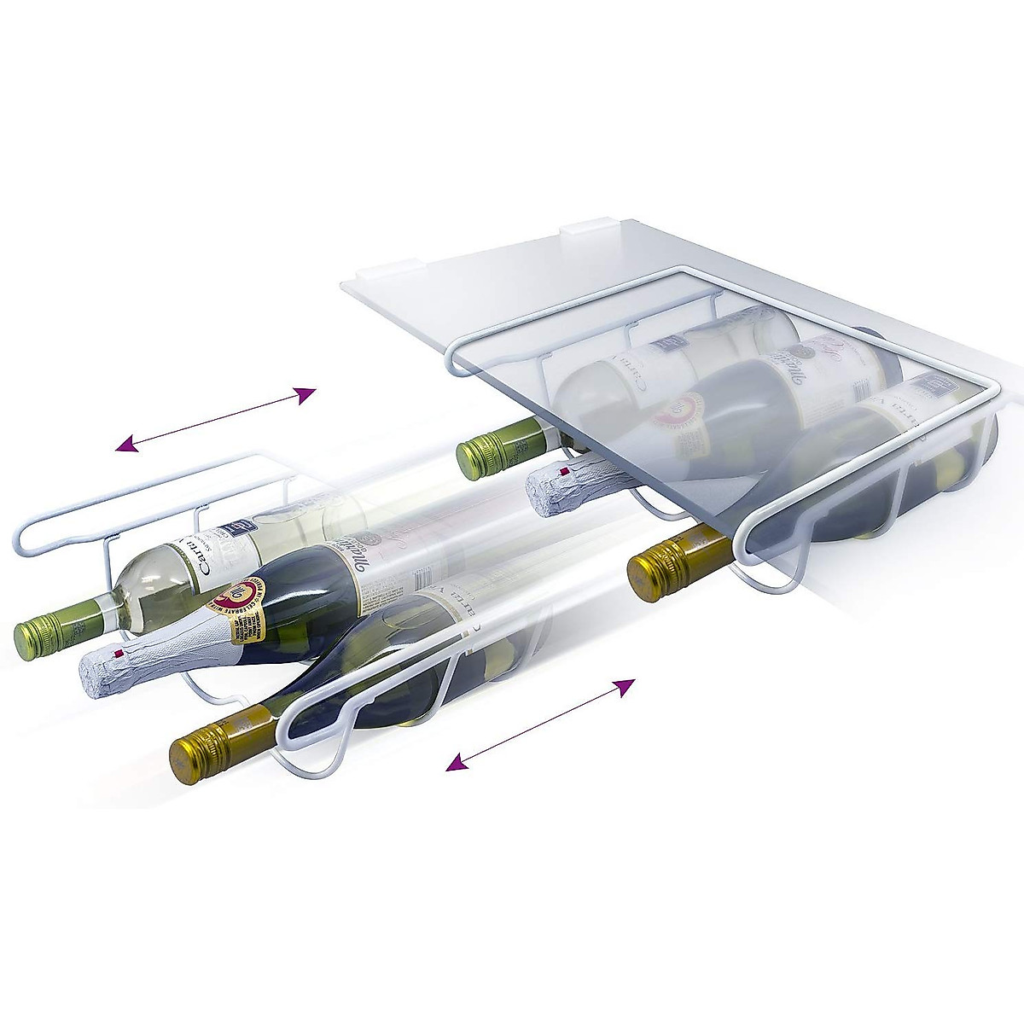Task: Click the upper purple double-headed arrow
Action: (217, 418)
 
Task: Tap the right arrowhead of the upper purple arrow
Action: (305, 393)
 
